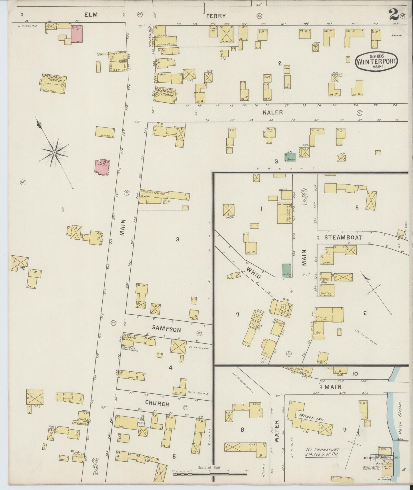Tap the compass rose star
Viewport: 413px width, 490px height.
click(54, 153)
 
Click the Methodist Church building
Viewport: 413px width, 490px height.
click(165, 95)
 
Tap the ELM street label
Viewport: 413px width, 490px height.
click(90, 15)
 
